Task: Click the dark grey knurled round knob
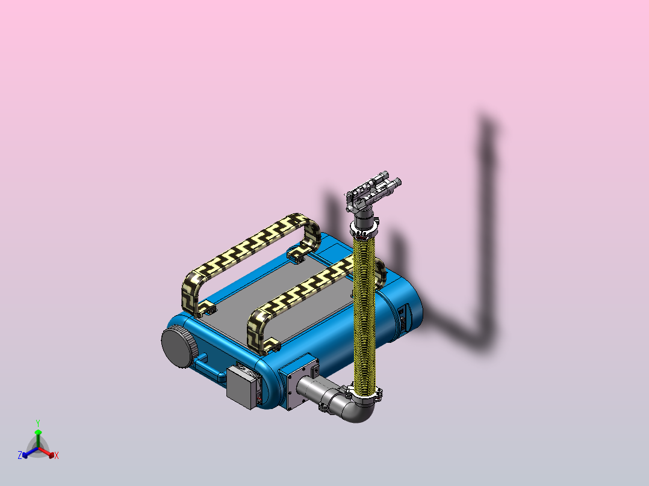tap(179, 346)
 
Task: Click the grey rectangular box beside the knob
tap(241, 388)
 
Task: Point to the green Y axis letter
tap(38, 423)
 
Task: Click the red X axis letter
tap(57, 456)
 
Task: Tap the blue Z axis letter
tap(20, 455)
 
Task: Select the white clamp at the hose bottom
tap(365, 394)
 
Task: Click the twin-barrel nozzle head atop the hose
tap(373, 189)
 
